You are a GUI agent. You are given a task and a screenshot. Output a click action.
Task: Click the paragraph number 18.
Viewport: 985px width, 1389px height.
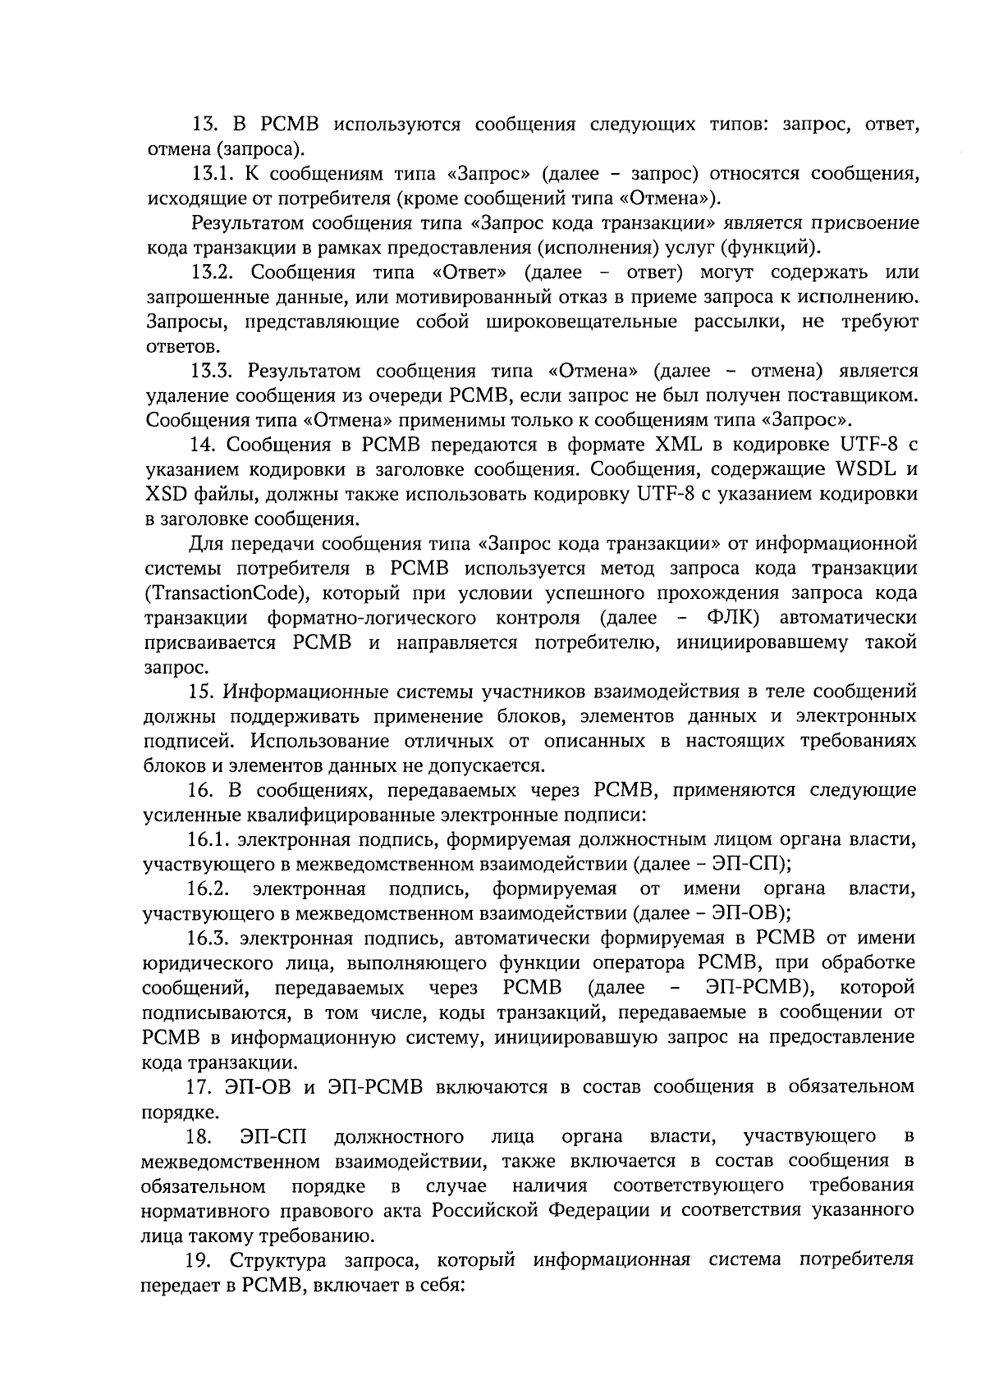pos(199,1136)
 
